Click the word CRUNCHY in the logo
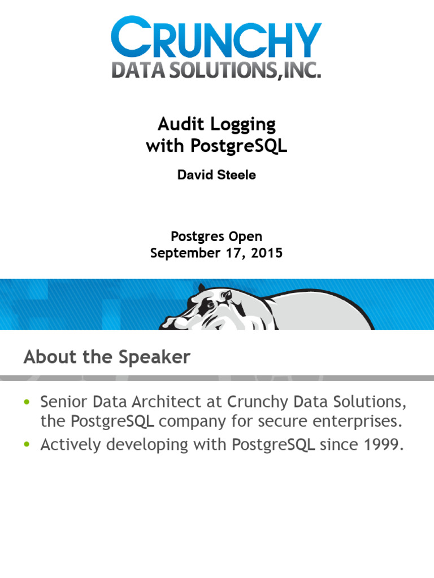[x=216, y=37]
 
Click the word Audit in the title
[x=180, y=124]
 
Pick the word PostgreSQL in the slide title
[x=238, y=146]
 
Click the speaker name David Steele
[x=216, y=175]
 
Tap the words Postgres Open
[x=216, y=237]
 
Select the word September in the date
[x=185, y=253]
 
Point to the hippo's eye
[x=210, y=305]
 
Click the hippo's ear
[x=227, y=295]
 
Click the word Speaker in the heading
[x=154, y=357]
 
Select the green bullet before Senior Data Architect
[x=27, y=402]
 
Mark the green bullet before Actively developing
[x=27, y=444]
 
